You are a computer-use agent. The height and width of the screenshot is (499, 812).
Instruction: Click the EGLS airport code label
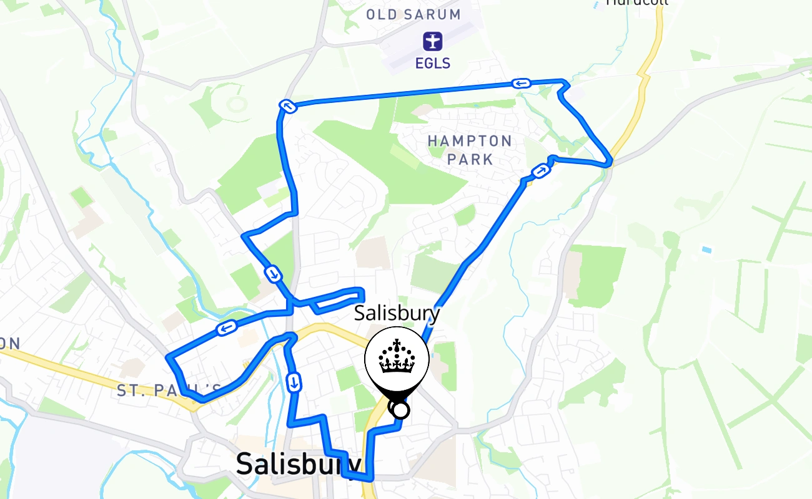click(432, 63)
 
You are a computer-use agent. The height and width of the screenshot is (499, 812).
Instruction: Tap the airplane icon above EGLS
click(432, 42)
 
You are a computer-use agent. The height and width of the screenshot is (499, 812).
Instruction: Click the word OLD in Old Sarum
click(382, 14)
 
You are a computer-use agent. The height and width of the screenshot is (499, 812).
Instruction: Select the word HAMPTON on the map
click(470, 141)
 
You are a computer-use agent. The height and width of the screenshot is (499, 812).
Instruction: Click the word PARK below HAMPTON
click(470, 159)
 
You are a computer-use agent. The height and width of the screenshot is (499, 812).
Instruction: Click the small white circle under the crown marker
click(400, 410)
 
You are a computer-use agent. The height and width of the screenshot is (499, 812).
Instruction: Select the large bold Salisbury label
click(299, 465)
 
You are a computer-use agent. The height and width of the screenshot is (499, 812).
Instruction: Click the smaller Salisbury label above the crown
click(397, 313)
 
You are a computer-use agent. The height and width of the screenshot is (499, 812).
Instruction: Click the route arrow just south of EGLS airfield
click(521, 83)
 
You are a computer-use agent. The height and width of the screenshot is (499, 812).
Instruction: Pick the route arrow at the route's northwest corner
click(288, 107)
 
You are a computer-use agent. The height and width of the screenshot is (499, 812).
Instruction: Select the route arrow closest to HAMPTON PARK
click(540, 171)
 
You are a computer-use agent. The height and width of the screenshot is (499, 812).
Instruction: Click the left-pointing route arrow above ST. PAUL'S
click(226, 327)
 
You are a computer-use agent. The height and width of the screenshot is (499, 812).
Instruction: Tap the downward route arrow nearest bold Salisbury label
click(294, 382)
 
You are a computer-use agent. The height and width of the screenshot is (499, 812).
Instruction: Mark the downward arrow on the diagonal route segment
click(273, 273)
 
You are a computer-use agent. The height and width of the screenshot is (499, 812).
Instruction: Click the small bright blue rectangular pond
click(706, 249)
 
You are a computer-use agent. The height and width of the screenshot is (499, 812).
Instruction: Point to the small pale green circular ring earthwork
click(237, 103)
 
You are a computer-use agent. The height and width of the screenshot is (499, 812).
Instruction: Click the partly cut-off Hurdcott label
click(637, 2)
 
